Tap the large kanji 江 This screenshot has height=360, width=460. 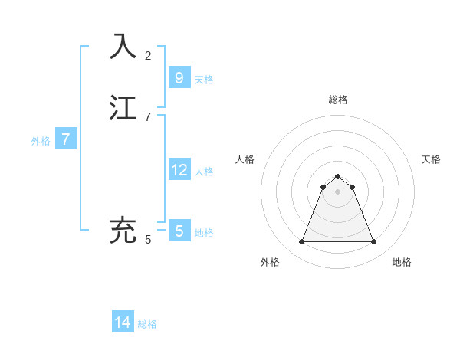[123, 108]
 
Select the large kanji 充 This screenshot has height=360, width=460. [123, 231]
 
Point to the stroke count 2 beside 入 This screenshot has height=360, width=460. [148, 55]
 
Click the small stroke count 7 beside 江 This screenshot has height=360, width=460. [148, 117]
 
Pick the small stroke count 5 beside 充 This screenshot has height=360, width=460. [148, 240]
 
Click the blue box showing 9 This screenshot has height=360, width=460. [179, 77]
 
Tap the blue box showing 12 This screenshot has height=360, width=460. [179, 169]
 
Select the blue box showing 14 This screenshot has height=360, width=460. [123, 322]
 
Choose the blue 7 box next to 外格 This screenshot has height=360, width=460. [66, 139]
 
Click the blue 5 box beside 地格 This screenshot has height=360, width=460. [179, 231]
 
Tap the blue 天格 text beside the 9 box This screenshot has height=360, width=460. [204, 80]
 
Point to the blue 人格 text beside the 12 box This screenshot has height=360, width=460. [204, 172]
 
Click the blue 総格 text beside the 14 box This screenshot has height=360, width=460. [147, 325]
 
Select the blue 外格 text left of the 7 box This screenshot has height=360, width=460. [41, 141]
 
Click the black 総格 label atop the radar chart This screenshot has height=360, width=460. [337, 100]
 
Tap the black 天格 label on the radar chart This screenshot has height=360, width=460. [431, 159]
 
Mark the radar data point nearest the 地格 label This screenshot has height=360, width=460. [373, 242]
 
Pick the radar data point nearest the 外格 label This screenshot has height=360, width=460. [301, 242]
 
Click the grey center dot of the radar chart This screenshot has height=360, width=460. [337, 191]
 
